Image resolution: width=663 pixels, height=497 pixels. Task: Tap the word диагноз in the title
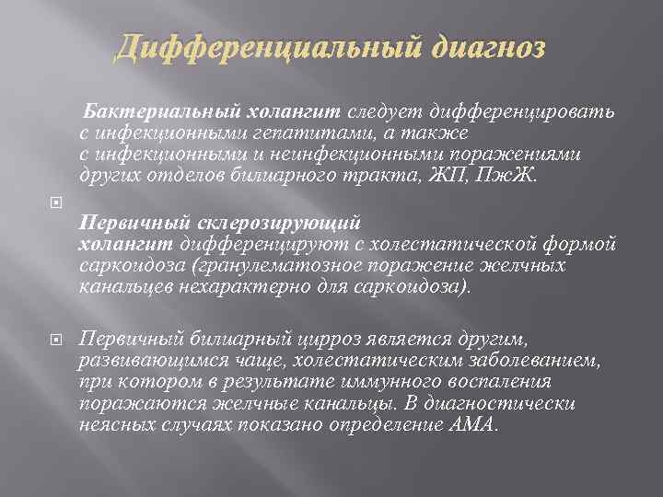pos(479,45)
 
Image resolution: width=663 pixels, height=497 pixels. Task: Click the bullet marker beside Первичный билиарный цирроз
pos(54,340)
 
